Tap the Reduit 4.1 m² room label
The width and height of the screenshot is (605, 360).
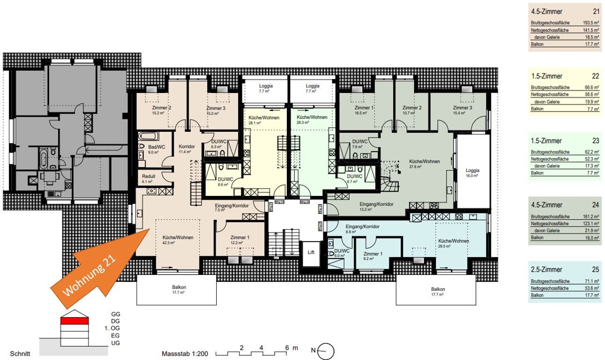point(149,178)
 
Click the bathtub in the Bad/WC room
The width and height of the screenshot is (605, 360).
point(149,137)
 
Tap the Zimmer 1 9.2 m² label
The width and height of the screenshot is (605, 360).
point(373,255)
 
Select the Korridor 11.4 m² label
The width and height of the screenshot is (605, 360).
point(186,149)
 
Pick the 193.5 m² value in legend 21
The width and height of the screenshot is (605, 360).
point(591,22)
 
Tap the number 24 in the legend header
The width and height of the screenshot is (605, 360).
point(595,205)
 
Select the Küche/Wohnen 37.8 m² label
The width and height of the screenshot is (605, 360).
point(424,164)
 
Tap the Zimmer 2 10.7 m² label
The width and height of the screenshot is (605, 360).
point(412,110)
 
